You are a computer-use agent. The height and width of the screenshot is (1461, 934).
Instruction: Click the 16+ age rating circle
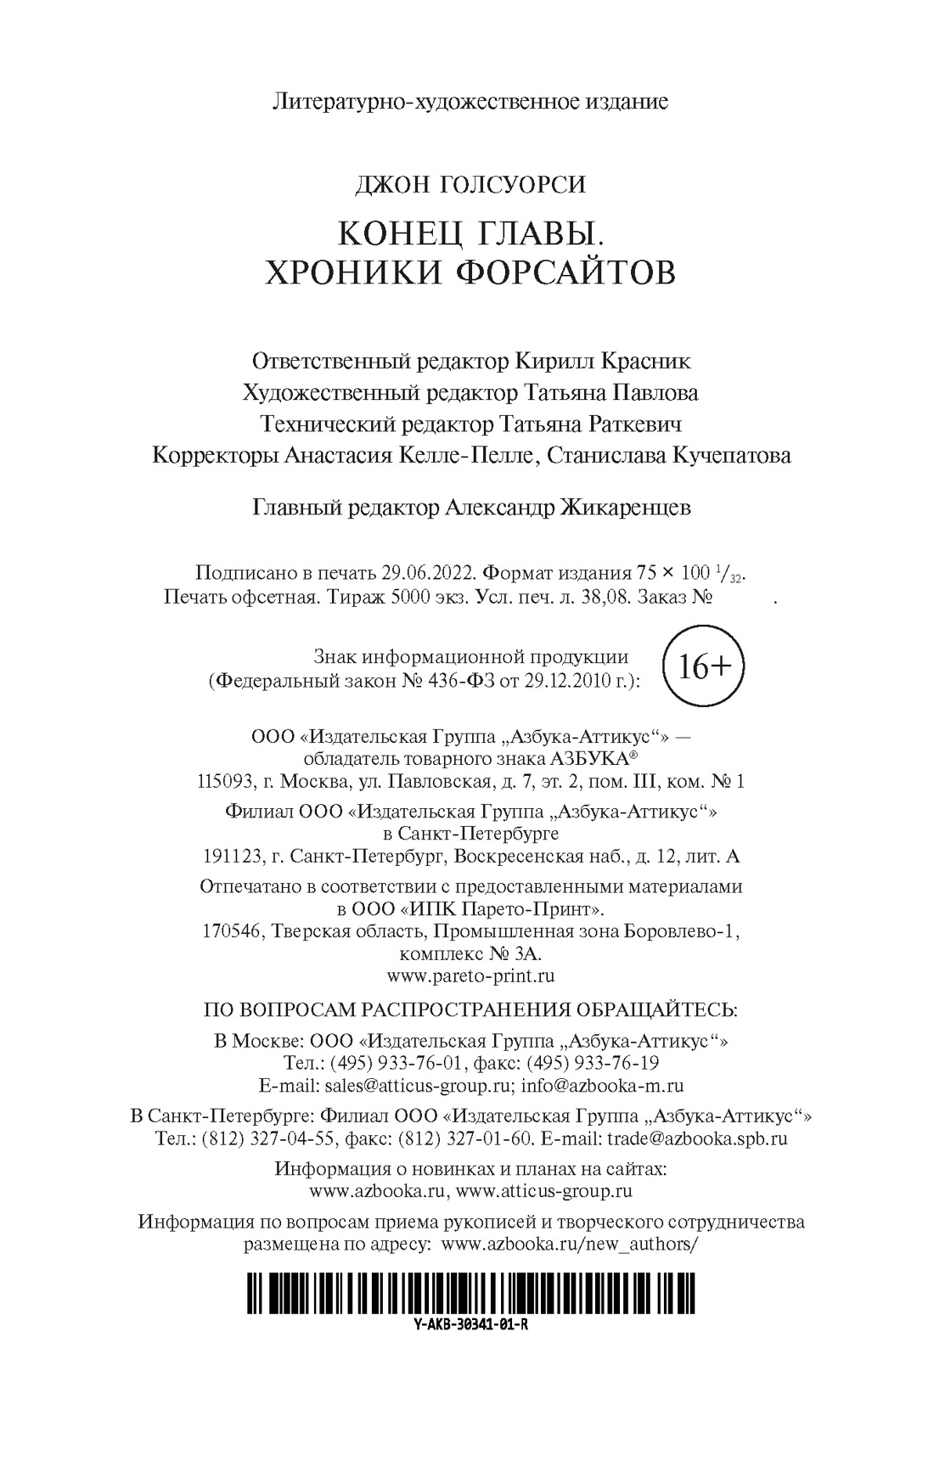(x=693, y=667)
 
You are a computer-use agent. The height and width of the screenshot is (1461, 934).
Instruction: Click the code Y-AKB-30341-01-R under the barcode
(x=470, y=1325)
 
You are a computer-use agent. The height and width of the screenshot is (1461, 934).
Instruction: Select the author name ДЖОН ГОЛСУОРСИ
(x=470, y=183)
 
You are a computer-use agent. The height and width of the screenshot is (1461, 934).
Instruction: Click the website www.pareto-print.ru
(x=470, y=976)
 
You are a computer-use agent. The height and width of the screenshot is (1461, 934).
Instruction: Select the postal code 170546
(x=231, y=931)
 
